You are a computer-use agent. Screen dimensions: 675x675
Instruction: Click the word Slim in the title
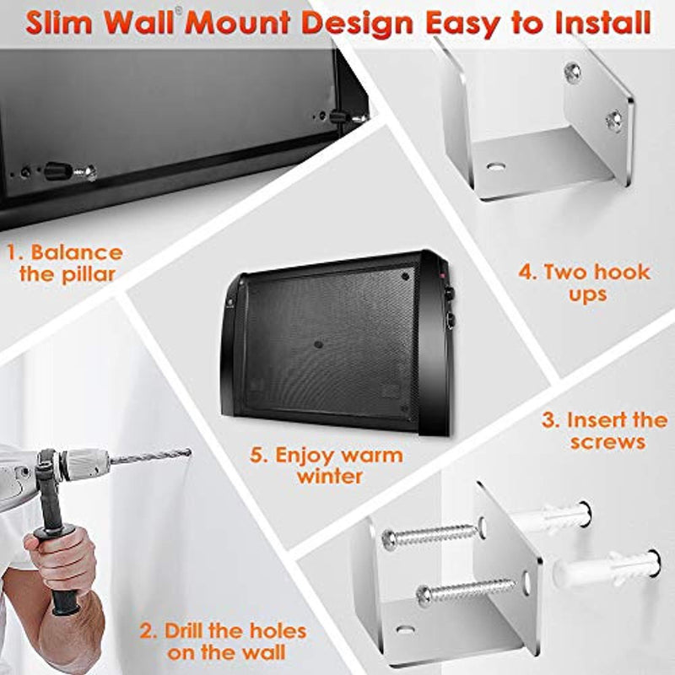tap(57, 23)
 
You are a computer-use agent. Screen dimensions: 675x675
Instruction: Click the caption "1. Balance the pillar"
tap(66, 263)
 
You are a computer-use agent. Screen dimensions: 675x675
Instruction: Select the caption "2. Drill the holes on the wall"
tap(223, 642)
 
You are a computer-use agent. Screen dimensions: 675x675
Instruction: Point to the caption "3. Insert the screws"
tap(604, 431)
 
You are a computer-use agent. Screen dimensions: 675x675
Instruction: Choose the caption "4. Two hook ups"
tap(585, 283)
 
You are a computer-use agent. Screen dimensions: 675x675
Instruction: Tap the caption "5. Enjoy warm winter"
tap(327, 466)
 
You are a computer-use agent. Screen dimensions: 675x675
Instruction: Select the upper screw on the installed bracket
tap(573, 72)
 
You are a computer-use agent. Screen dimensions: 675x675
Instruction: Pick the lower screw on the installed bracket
tap(613, 120)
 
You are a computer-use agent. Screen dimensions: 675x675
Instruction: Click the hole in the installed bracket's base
tap(495, 166)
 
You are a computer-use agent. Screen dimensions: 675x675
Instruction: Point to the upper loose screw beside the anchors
tap(430, 535)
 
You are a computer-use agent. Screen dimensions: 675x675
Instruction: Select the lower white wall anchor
tap(606, 568)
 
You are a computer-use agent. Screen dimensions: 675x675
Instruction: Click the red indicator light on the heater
tap(440, 274)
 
